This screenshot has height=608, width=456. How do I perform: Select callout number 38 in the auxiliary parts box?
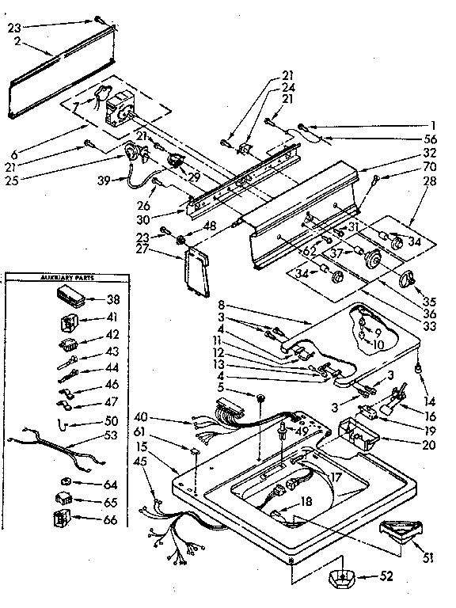click(112, 300)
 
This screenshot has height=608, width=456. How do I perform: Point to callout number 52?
click(386, 576)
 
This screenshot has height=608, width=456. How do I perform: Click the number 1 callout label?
click(434, 125)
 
